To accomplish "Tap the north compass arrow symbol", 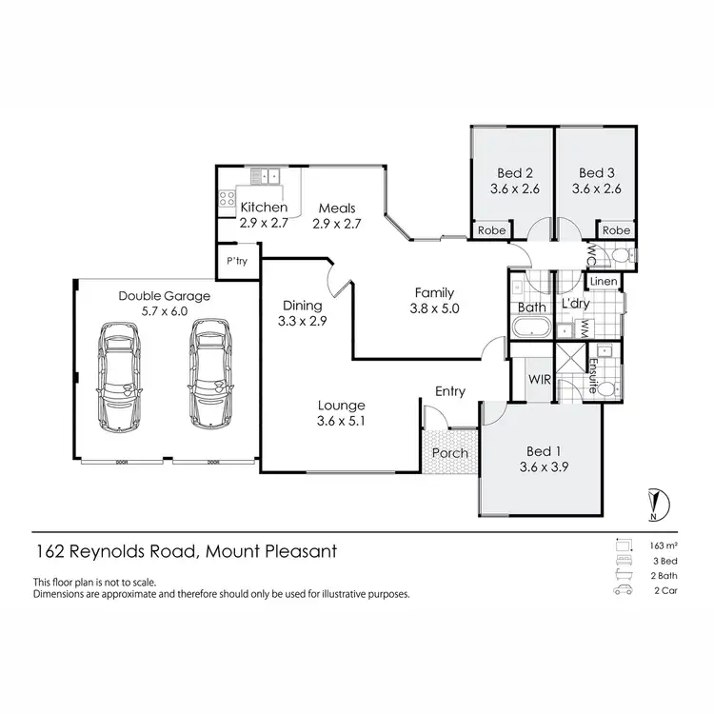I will pos(654,501).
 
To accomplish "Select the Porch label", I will pos(449,452).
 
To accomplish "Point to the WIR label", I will pos(540,380).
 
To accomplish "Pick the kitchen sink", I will pos(264,175).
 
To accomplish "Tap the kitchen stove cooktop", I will pos(228,198).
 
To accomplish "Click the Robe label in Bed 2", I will pos(491,230).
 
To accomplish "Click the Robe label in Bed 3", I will pos(616,230).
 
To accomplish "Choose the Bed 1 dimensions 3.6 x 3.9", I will pos(541,466).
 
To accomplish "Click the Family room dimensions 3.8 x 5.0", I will pos(433,308).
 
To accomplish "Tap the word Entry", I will pos(449,391).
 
